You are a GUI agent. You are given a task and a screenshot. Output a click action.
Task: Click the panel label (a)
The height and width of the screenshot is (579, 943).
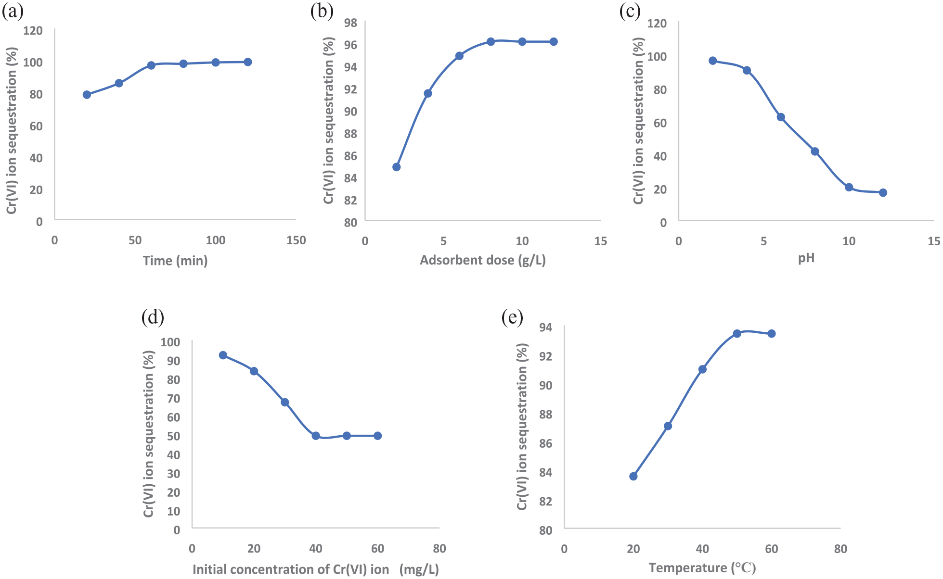(x=13, y=12)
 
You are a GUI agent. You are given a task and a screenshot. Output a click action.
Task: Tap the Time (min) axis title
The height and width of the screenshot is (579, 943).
(x=175, y=261)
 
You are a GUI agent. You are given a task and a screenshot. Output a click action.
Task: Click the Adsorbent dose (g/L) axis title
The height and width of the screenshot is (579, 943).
(x=483, y=260)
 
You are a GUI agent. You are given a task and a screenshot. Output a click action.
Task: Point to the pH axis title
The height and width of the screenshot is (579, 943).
(x=806, y=258)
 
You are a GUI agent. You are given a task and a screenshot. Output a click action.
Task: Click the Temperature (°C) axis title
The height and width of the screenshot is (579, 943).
(x=702, y=568)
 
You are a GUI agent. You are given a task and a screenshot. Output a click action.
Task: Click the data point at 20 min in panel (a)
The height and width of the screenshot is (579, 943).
(x=87, y=95)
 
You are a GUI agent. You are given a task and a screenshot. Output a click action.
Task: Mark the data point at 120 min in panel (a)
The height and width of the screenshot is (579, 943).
(x=248, y=62)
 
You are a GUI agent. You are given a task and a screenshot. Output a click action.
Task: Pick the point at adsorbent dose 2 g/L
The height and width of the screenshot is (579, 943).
(x=397, y=167)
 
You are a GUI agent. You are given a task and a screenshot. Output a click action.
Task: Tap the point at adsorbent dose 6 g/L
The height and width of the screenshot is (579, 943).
(x=459, y=56)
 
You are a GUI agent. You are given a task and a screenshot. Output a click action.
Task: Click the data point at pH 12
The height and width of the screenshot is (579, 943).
(x=883, y=193)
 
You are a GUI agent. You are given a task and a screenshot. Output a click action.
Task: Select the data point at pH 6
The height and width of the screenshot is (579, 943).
(x=781, y=117)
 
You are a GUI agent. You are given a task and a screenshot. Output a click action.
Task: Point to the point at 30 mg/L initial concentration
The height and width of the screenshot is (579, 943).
(x=285, y=402)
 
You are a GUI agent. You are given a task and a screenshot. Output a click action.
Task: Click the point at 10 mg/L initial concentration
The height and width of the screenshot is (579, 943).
(x=223, y=355)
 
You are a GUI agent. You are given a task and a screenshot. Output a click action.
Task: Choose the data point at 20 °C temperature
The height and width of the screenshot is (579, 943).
(x=633, y=476)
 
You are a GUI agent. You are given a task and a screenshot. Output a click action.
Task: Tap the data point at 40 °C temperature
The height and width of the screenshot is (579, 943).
(x=702, y=369)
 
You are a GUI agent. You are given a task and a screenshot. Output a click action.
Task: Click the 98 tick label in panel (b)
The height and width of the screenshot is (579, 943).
(x=350, y=23)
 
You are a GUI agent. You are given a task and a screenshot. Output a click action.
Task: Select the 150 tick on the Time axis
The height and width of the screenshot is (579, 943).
(x=296, y=240)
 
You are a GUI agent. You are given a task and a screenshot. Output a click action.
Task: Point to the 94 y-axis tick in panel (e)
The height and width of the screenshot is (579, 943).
(x=545, y=327)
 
